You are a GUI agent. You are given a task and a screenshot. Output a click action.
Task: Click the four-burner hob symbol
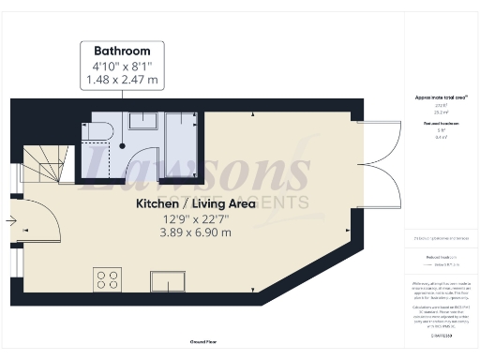click(x=107, y=278)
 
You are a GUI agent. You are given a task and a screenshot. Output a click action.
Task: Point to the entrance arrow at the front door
click(x=9, y=220)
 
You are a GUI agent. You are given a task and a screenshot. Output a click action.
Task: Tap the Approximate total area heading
click(x=441, y=97)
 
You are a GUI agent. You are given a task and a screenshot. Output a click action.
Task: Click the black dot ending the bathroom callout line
click(x=123, y=145)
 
